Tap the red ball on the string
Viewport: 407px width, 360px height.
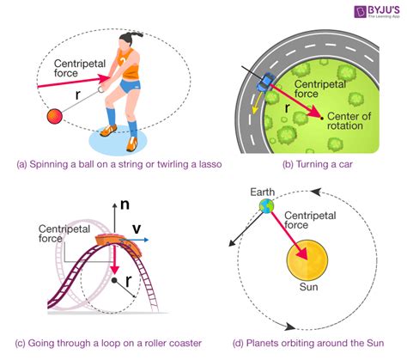point(55,116)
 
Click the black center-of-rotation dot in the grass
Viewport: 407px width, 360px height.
point(322,118)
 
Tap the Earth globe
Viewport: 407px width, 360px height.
point(266,205)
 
